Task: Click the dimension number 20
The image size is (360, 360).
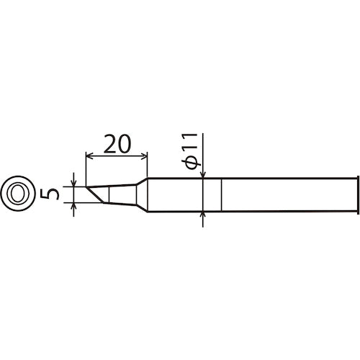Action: coord(117,144)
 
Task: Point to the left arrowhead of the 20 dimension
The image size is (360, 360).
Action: coord(89,156)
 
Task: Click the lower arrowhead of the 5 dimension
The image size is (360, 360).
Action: coord(75,206)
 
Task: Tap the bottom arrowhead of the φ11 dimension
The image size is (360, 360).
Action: coord(204,214)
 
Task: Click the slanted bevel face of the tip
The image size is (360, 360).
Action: coord(93,194)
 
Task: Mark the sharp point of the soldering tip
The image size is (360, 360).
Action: coord(84,186)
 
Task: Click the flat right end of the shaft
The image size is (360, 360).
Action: coord(358,193)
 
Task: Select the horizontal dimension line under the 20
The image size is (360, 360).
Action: coord(117,156)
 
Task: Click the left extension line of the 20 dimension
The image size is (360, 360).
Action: coord(85,169)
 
